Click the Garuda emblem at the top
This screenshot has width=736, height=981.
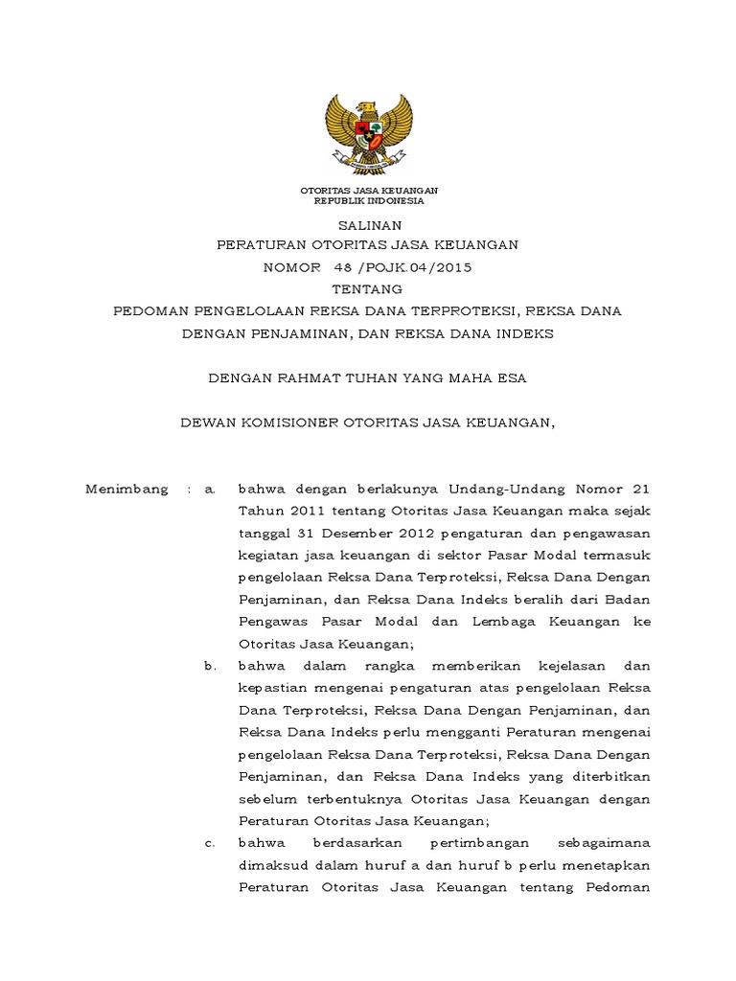click(368, 134)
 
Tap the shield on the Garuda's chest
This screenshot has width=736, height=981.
click(368, 126)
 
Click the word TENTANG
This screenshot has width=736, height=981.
click(368, 288)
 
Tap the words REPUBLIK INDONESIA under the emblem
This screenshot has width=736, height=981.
click(368, 201)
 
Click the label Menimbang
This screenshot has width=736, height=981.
click(126, 489)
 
